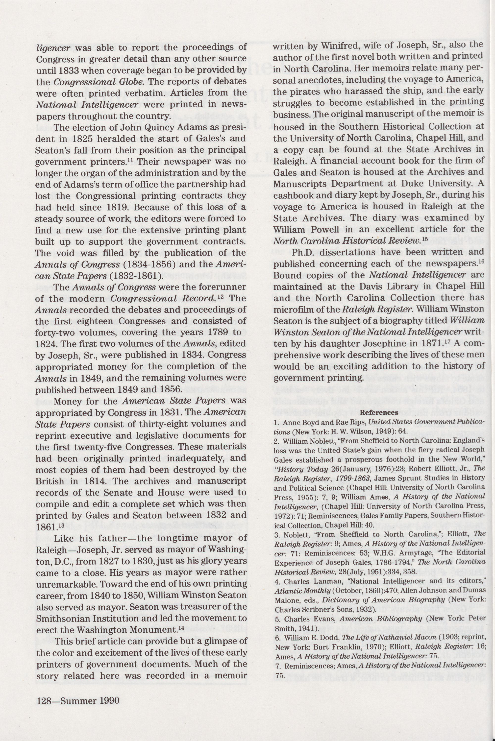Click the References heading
pyautogui.click(x=379, y=412)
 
